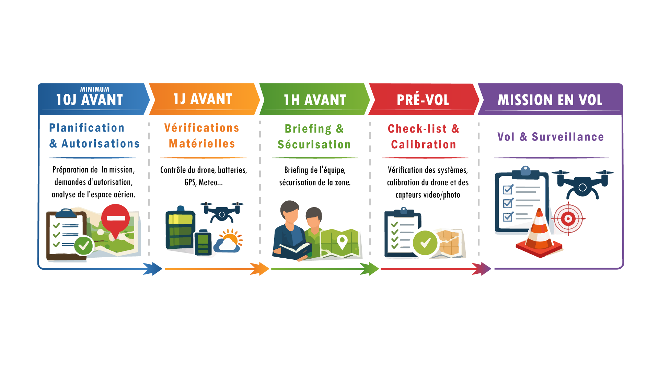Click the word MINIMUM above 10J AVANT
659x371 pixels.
95,89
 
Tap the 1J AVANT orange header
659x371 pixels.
203,99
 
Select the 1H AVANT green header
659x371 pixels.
315,100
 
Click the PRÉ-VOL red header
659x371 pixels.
423,100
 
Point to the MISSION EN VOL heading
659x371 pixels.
550,100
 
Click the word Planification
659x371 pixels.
86,128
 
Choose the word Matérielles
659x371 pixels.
202,144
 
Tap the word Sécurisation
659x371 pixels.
314,145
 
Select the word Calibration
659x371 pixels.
424,145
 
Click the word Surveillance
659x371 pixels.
568,137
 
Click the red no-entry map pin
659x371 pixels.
116,219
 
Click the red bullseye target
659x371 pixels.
568,218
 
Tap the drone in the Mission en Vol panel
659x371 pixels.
582,184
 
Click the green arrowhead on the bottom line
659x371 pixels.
369,269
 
